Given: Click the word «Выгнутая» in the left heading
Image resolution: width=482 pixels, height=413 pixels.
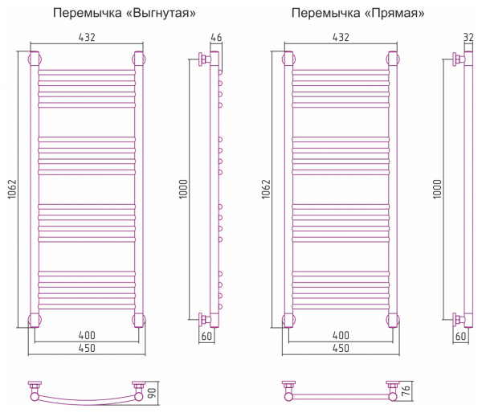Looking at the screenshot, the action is [161, 13].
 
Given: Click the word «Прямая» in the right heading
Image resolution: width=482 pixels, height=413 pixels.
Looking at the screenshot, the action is [398, 13].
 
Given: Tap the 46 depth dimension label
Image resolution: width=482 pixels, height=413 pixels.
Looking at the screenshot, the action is [216, 38].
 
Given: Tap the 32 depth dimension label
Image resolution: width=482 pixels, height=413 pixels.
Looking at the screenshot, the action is [468, 38].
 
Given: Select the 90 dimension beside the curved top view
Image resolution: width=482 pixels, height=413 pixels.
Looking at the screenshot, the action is [152, 394].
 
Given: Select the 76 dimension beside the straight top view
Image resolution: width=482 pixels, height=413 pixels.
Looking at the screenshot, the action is [406, 391].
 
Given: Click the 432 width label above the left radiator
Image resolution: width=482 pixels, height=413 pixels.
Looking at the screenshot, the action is [87, 38].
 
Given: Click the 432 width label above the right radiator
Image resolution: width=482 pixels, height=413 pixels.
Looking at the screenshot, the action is [341, 38].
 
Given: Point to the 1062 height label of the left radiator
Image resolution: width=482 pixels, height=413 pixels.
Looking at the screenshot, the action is [12, 189].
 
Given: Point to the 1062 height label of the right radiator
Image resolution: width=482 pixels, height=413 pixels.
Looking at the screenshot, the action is [266, 189].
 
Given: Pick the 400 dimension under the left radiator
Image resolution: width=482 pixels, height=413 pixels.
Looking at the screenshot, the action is [87, 335].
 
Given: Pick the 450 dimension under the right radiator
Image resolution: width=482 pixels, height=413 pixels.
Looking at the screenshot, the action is [341, 348].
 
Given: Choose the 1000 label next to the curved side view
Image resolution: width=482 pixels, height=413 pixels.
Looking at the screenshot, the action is [183, 189].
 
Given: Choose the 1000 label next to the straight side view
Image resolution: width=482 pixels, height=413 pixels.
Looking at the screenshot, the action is [437, 189].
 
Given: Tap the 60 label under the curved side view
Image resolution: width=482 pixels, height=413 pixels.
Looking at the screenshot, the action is [206, 336].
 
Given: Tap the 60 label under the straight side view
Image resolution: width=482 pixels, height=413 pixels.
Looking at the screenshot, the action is [460, 336].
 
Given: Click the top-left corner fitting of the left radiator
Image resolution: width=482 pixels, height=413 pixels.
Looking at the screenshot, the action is [35, 59].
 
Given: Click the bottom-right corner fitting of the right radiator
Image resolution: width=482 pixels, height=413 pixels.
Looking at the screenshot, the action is [393, 320].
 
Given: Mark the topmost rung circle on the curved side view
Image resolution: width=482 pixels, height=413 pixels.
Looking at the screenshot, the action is [220, 72].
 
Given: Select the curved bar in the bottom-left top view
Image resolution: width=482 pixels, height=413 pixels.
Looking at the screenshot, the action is [87, 400].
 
